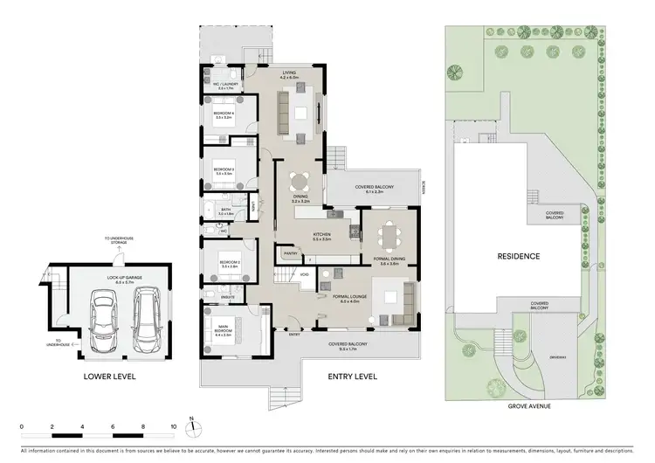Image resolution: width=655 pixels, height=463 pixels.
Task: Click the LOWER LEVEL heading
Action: point(109,377)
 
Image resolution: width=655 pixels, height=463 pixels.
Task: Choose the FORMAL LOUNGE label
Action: point(349,297)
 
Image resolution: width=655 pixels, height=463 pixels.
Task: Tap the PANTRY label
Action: point(289,254)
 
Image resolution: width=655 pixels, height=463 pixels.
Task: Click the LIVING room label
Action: point(289,75)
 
